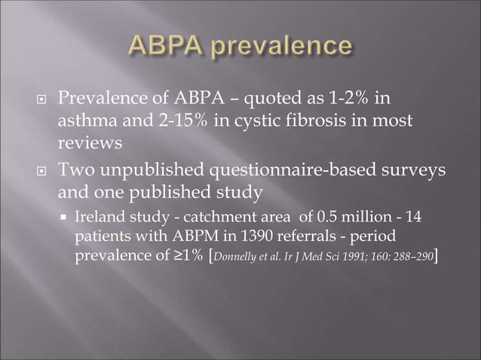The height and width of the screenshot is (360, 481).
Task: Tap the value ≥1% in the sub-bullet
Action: click(185, 255)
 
